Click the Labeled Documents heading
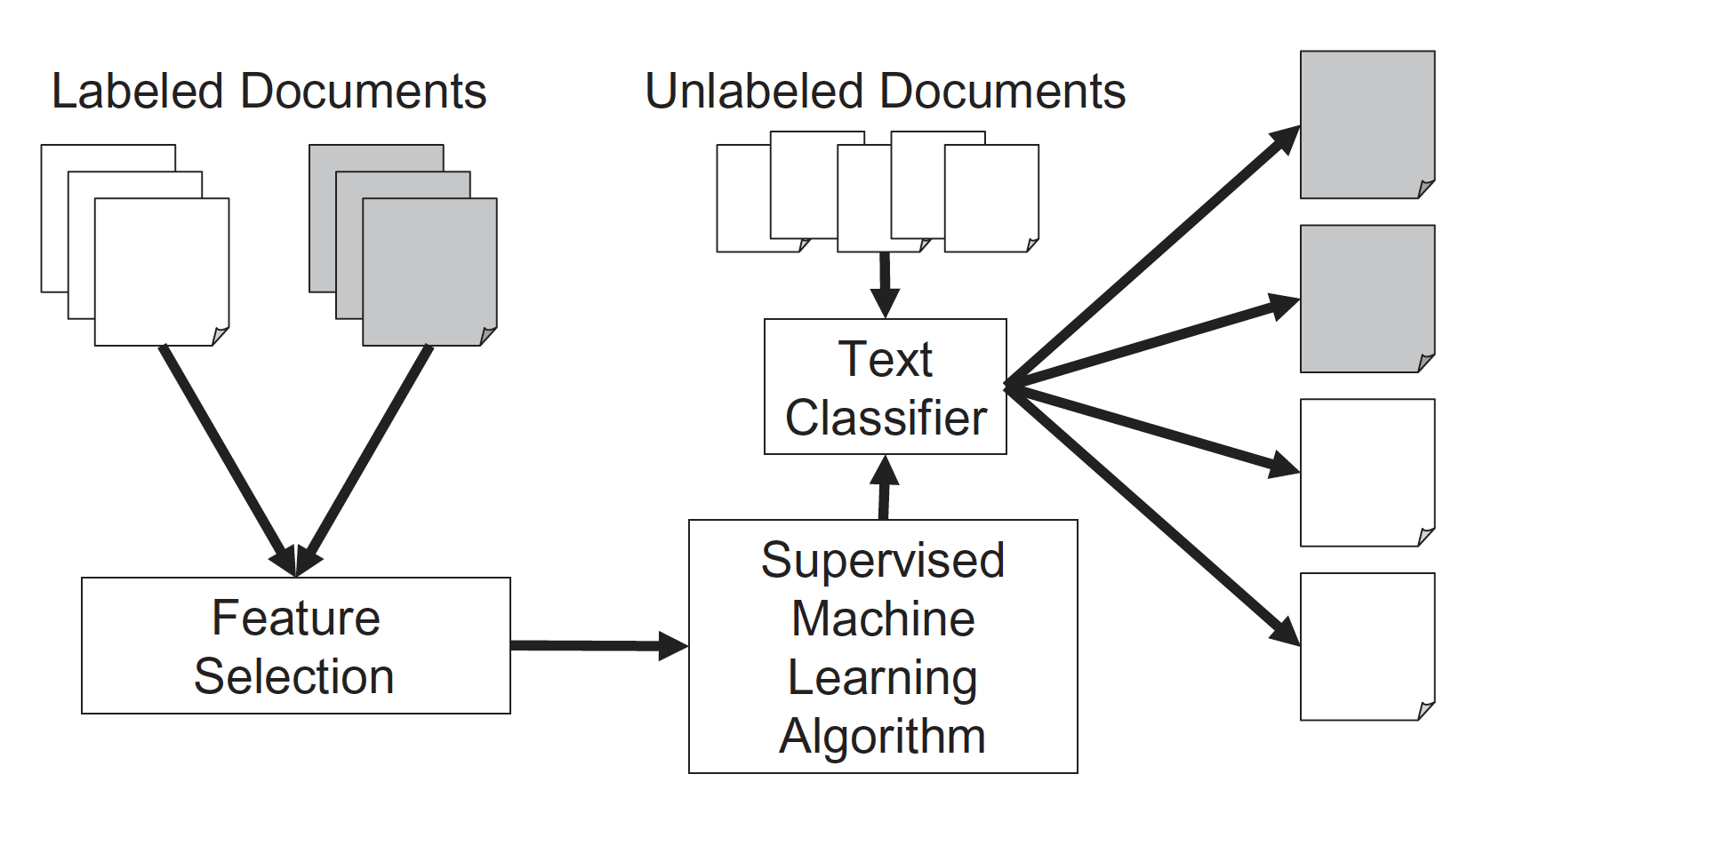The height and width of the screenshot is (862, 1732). pyautogui.click(x=269, y=92)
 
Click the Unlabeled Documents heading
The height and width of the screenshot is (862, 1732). pyautogui.click(x=885, y=92)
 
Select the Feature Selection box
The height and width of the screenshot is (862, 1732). pyautogui.click(x=295, y=646)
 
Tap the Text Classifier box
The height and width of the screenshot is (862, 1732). pyautogui.click(x=885, y=387)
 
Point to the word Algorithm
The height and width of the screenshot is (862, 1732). pyautogui.click(x=882, y=737)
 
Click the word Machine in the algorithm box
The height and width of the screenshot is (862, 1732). pyautogui.click(x=882, y=619)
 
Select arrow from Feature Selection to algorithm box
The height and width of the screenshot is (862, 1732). pyautogui.click(x=596, y=645)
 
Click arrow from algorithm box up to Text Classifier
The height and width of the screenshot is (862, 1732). pyautogui.click(x=884, y=489)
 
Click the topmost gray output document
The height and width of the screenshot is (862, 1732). pyautogui.click(x=1367, y=124)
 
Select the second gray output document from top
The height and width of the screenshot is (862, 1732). pyautogui.click(x=1367, y=299)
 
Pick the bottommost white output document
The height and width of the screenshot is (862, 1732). pyautogui.click(x=1367, y=646)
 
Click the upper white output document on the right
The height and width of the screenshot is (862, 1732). pyautogui.click(x=1367, y=472)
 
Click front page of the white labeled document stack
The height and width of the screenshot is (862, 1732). pyautogui.click(x=162, y=272)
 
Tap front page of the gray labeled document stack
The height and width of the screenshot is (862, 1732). pyautogui.click(x=429, y=272)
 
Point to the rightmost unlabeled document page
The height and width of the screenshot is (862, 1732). pyautogui.click(x=991, y=198)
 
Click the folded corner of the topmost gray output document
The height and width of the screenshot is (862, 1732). pyautogui.click(x=1425, y=188)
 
